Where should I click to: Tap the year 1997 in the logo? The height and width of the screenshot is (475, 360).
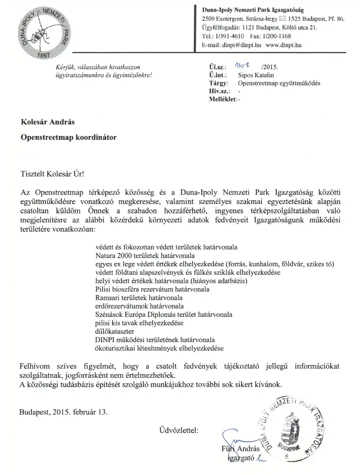pyautogui.click(x=44, y=55)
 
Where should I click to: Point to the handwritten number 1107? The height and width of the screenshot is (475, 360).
pyautogui.click(x=242, y=67)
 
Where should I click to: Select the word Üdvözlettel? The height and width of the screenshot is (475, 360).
pyautogui.click(x=179, y=430)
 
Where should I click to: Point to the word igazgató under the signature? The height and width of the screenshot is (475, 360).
pyautogui.click(x=240, y=458)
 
